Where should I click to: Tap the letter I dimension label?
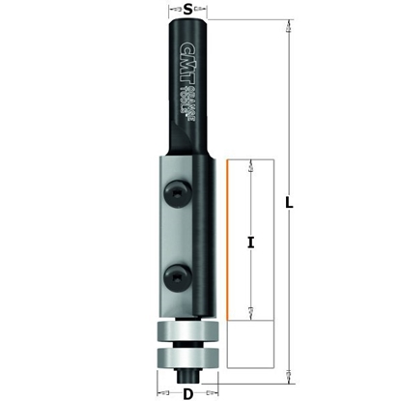(x=249, y=243)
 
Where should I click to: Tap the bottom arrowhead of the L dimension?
(x=288, y=372)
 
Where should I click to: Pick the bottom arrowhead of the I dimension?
(x=249, y=309)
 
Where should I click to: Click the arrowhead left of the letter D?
(x=164, y=392)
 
